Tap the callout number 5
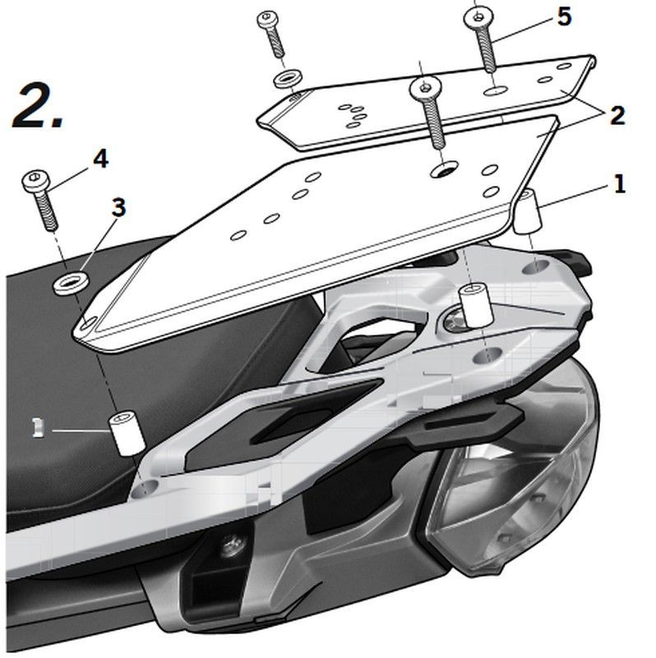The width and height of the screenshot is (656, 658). point(564,16)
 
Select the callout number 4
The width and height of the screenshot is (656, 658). point(99,158)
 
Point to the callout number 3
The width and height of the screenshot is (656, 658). point(119,207)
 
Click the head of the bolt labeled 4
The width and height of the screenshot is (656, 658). point(37,179)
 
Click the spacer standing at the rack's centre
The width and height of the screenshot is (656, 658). point(472,304)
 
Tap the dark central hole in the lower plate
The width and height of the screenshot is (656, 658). point(444,169)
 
